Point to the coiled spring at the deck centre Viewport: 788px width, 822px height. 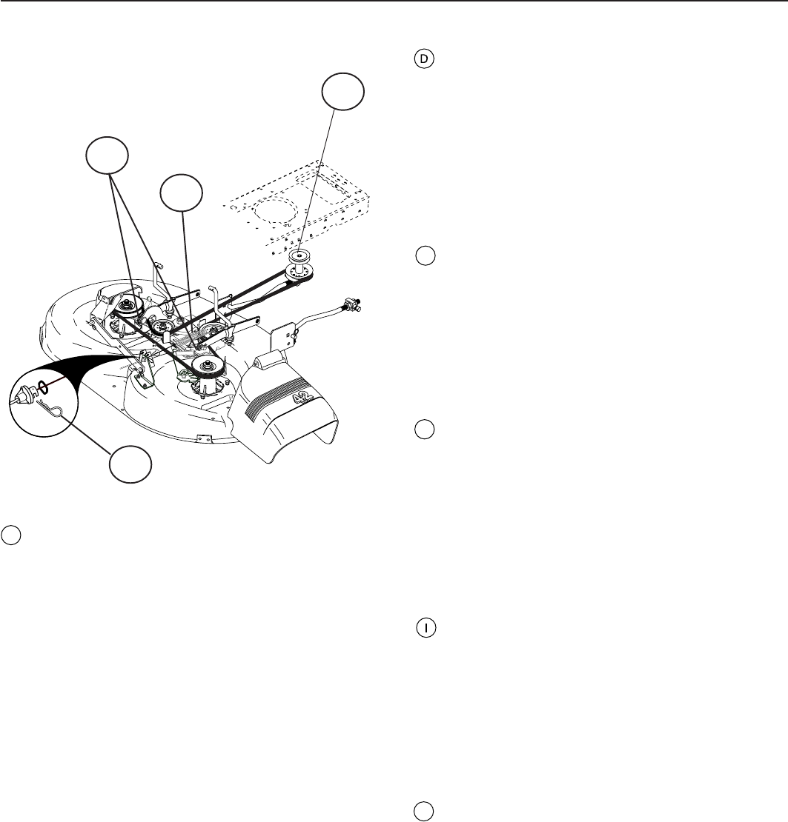(191, 339)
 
